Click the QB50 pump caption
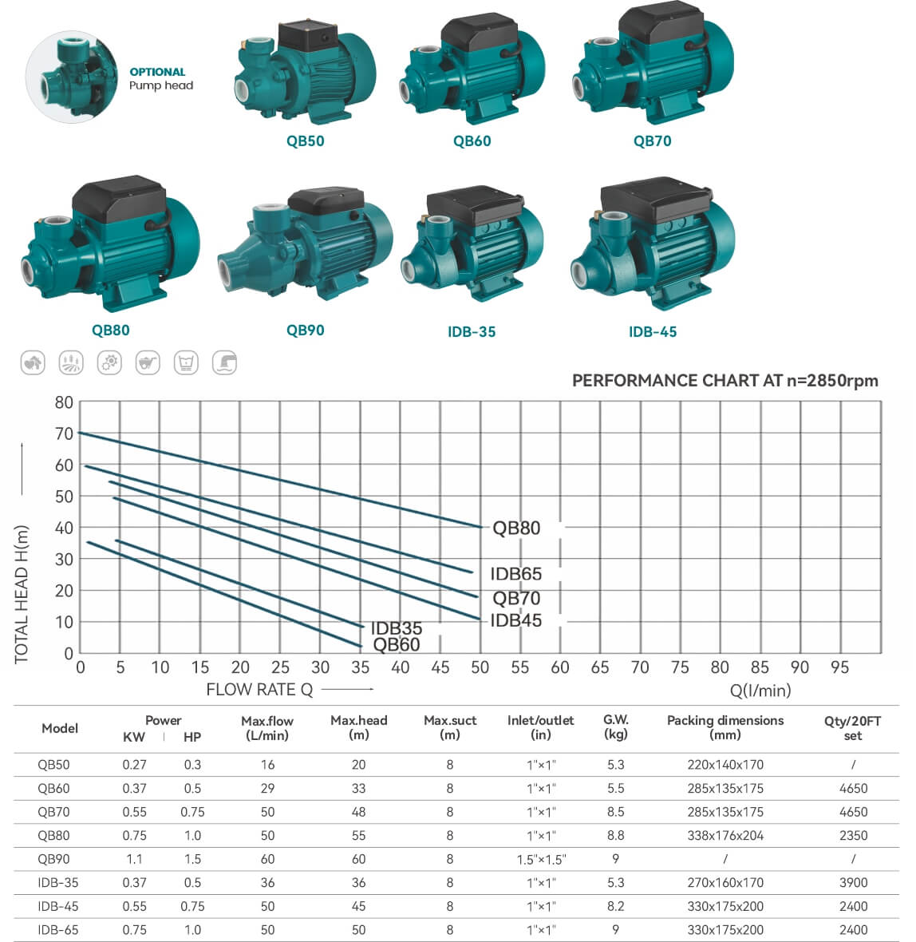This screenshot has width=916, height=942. pyautogui.click(x=305, y=141)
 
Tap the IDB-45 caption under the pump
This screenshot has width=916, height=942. pyautogui.click(x=653, y=331)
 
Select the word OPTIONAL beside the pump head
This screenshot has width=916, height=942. pyautogui.click(x=157, y=72)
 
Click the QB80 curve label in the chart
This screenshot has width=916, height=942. pyautogui.click(x=516, y=528)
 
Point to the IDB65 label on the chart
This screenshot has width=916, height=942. pyautogui.click(x=516, y=574)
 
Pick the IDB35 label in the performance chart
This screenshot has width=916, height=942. pyautogui.click(x=397, y=627)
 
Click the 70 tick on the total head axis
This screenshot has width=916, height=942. pyautogui.click(x=64, y=433)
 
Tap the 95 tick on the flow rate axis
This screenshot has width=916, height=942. pyautogui.click(x=839, y=667)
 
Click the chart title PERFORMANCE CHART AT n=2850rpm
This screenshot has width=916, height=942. pyautogui.click(x=725, y=381)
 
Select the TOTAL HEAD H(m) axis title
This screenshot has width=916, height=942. pyautogui.click(x=22, y=594)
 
